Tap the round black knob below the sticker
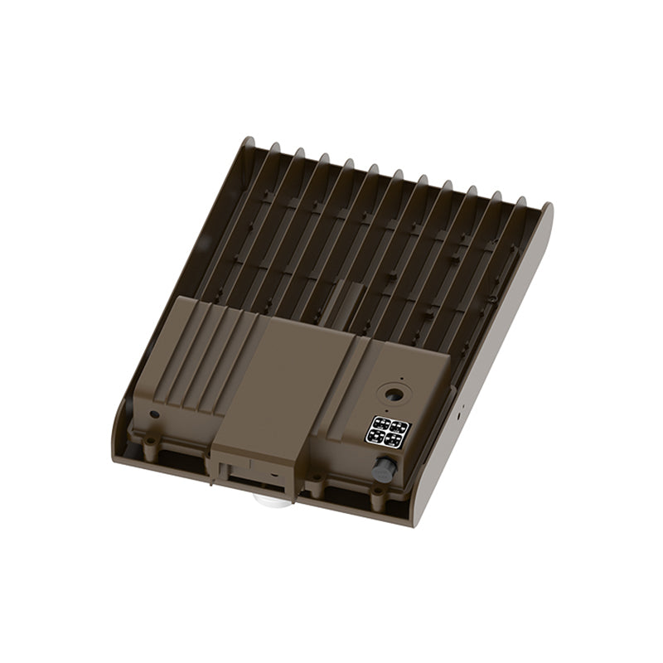(x=384, y=470)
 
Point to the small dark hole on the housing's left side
(x=153, y=414)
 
